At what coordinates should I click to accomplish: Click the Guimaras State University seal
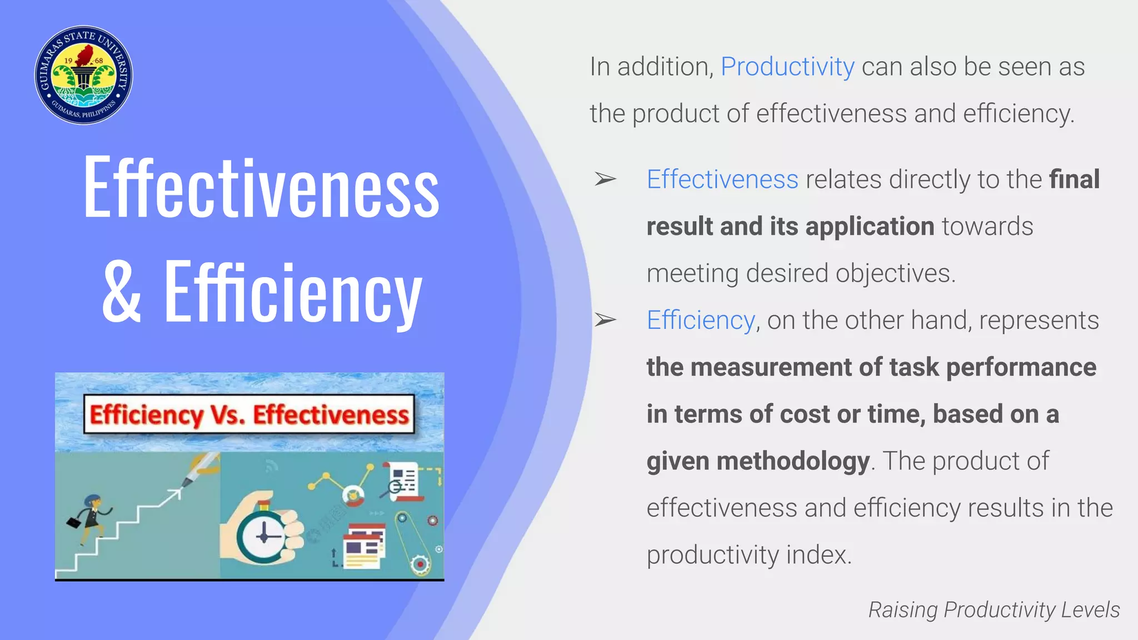[x=83, y=75]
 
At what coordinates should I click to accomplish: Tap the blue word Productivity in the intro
[x=787, y=67]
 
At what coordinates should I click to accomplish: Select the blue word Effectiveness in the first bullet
[x=722, y=179]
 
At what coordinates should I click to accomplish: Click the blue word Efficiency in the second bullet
[x=701, y=321]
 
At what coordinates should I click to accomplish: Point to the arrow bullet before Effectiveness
[x=605, y=179]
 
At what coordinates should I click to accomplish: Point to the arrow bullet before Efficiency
[x=605, y=320]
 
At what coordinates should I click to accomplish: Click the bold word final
[x=1074, y=179]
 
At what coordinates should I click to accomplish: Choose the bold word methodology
[x=793, y=461]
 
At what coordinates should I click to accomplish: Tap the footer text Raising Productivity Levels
[x=994, y=609]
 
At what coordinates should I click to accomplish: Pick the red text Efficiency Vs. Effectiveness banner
[x=249, y=414]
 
